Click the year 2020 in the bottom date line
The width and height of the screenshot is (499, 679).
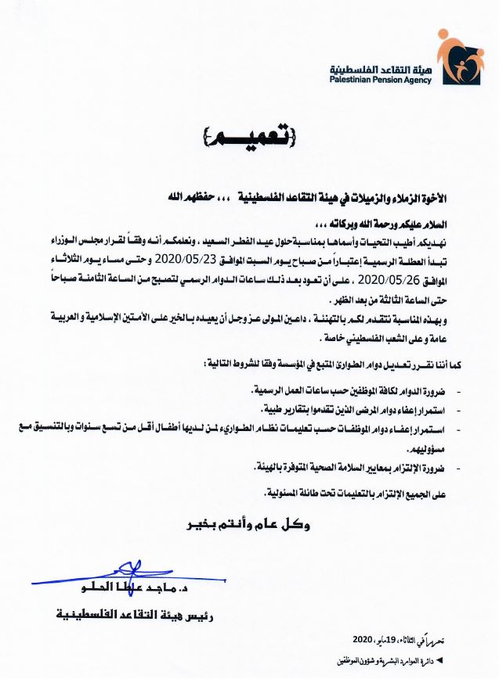(x=367, y=639)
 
